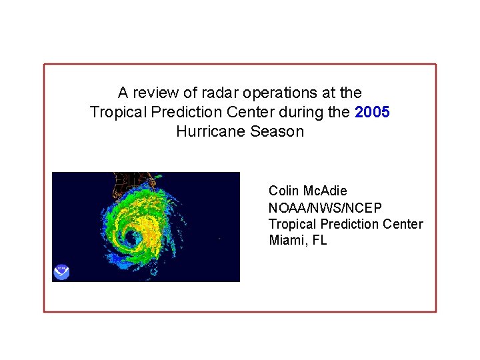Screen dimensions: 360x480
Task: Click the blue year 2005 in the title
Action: pos(373,112)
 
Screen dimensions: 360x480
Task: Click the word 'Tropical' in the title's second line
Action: pos(115,112)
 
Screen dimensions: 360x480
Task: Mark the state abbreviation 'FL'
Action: pos(319,240)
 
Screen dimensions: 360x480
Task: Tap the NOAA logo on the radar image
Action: pos(61,272)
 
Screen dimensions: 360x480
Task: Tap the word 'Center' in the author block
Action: pos(403,224)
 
